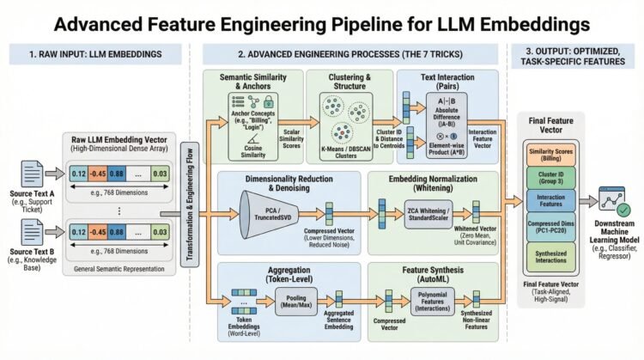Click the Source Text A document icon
27,162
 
